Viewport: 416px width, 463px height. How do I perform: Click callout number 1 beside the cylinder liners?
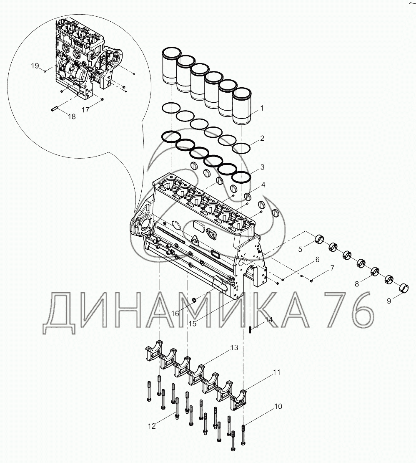point(262,109)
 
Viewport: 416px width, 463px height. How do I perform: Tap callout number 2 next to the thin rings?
point(262,138)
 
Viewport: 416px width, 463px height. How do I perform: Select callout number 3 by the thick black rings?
point(262,167)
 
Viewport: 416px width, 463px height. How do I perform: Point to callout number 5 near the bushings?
point(300,250)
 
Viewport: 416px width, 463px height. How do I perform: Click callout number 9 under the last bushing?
point(388,300)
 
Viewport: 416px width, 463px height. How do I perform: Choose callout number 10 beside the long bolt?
point(278,406)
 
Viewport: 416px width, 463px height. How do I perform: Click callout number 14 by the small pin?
point(269,320)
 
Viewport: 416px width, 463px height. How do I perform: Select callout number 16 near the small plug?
point(175,313)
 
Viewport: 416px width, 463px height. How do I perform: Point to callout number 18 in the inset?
point(72,116)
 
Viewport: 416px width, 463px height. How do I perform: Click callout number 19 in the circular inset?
point(35,66)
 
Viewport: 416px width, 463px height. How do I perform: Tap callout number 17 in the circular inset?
point(85,110)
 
